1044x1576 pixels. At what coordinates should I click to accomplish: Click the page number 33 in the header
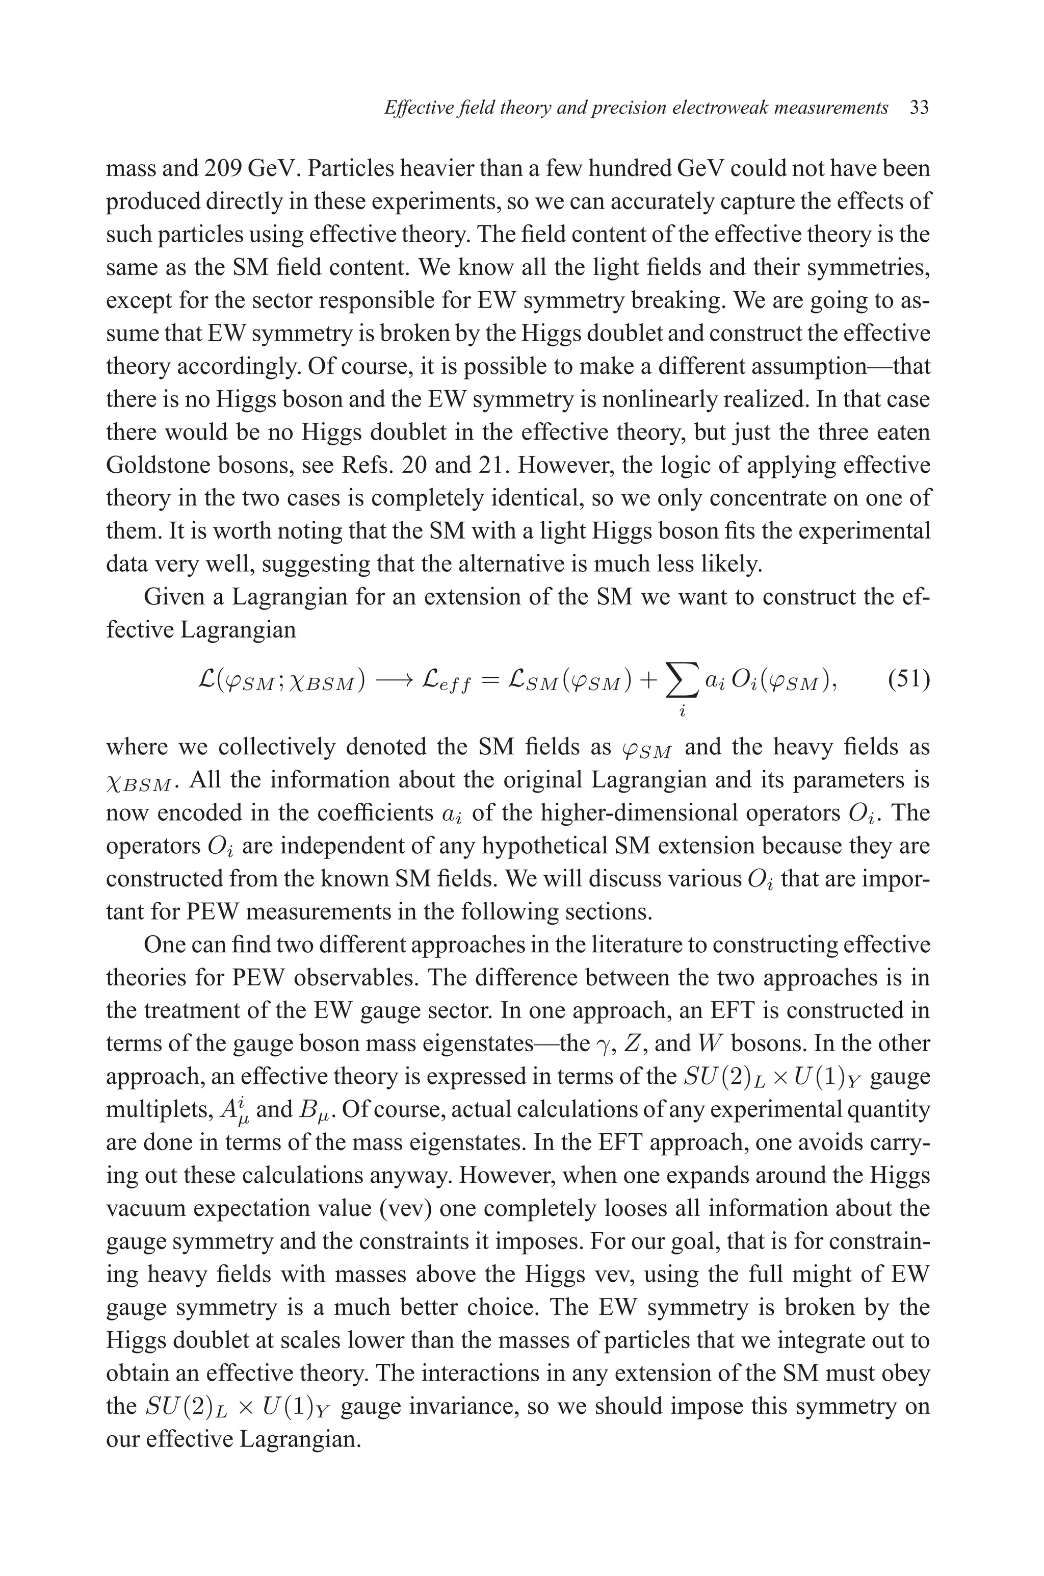click(919, 108)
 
